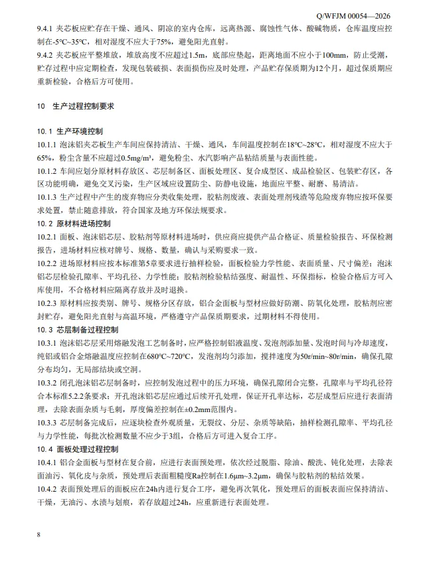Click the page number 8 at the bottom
(40, 534)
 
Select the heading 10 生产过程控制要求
(76, 106)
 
